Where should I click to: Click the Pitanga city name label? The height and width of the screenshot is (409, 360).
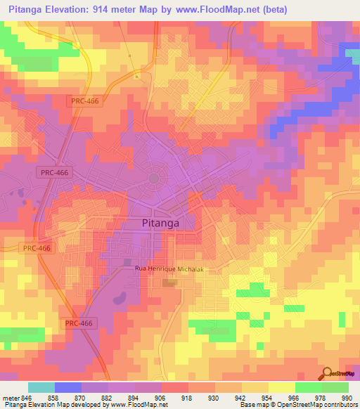(156, 223)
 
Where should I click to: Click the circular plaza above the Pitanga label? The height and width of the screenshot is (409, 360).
(155, 178)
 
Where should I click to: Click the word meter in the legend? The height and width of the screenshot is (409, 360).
(11, 397)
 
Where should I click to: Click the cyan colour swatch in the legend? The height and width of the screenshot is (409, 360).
(41, 387)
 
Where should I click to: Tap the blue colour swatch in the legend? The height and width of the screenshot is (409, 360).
(68, 387)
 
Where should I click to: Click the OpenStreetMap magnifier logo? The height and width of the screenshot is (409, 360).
(326, 374)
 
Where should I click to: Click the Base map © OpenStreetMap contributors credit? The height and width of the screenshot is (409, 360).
(298, 405)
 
